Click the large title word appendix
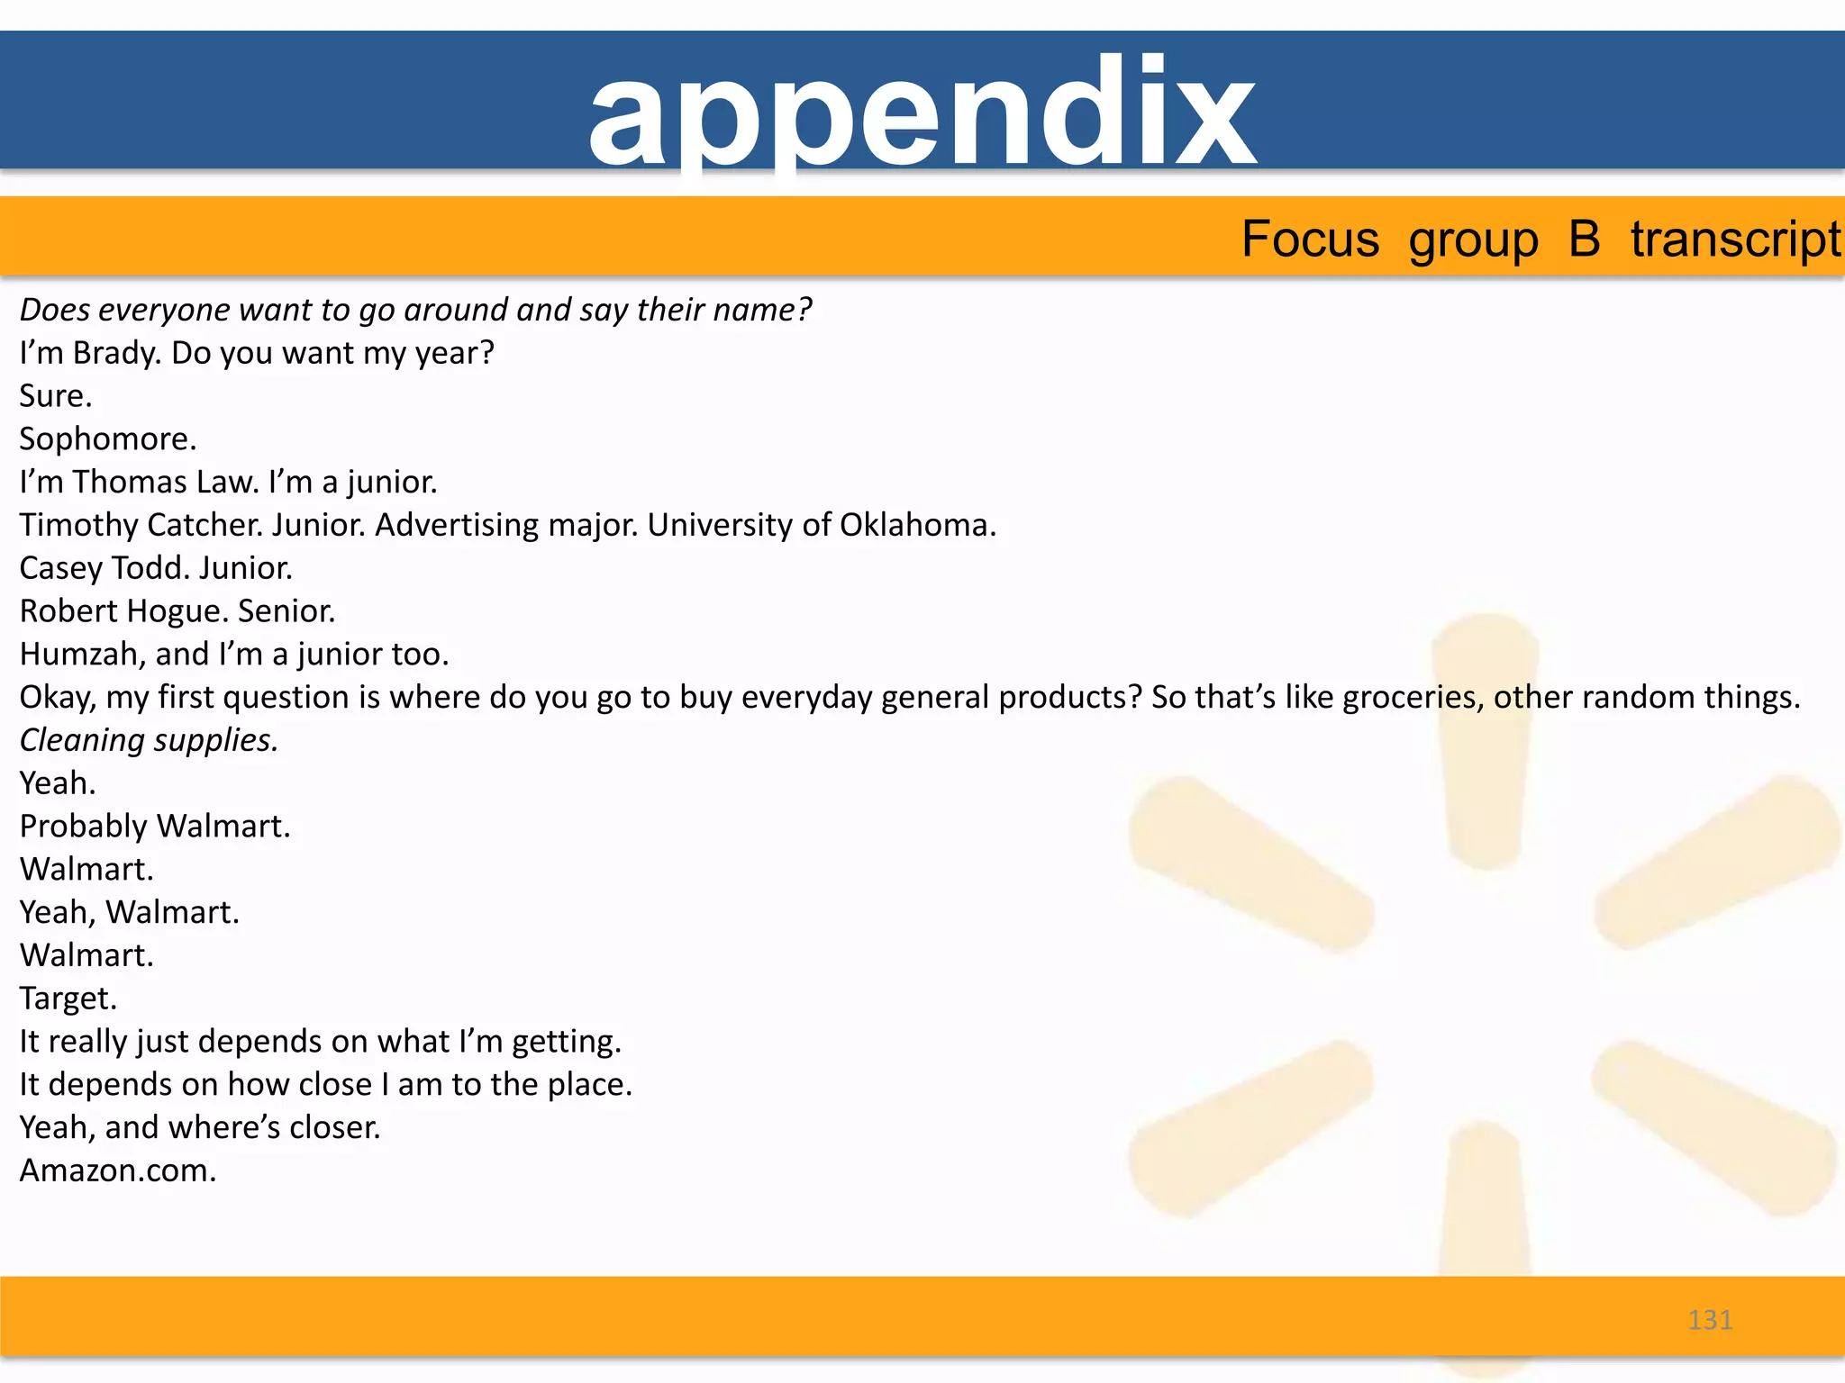tap(922, 113)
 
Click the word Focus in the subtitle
tap(1310, 240)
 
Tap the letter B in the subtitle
tap(1584, 240)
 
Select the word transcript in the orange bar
tap(1735, 240)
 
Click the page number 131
tap(1710, 1320)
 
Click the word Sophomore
tap(106, 439)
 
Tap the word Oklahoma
tap(917, 525)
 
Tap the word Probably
tap(83, 827)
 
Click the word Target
tap(68, 999)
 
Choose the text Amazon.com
tap(117, 1171)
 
